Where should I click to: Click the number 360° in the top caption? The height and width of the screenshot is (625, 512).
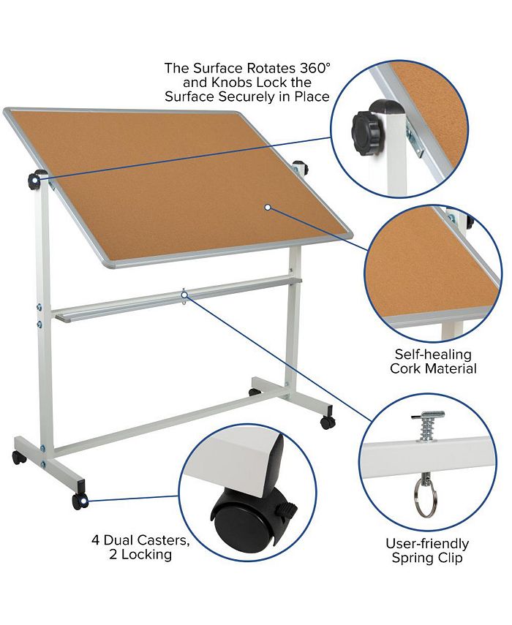310,68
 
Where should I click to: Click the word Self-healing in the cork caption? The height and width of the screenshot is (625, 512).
432,354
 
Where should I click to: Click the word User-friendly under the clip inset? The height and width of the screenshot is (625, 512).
427,544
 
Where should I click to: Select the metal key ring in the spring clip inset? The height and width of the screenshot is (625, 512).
423,496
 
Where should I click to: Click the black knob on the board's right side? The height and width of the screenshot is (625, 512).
301,168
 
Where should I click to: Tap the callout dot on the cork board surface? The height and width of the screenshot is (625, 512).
268,208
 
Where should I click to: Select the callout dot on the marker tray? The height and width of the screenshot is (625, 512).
184,295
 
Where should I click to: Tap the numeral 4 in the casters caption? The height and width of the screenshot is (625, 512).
95,541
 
